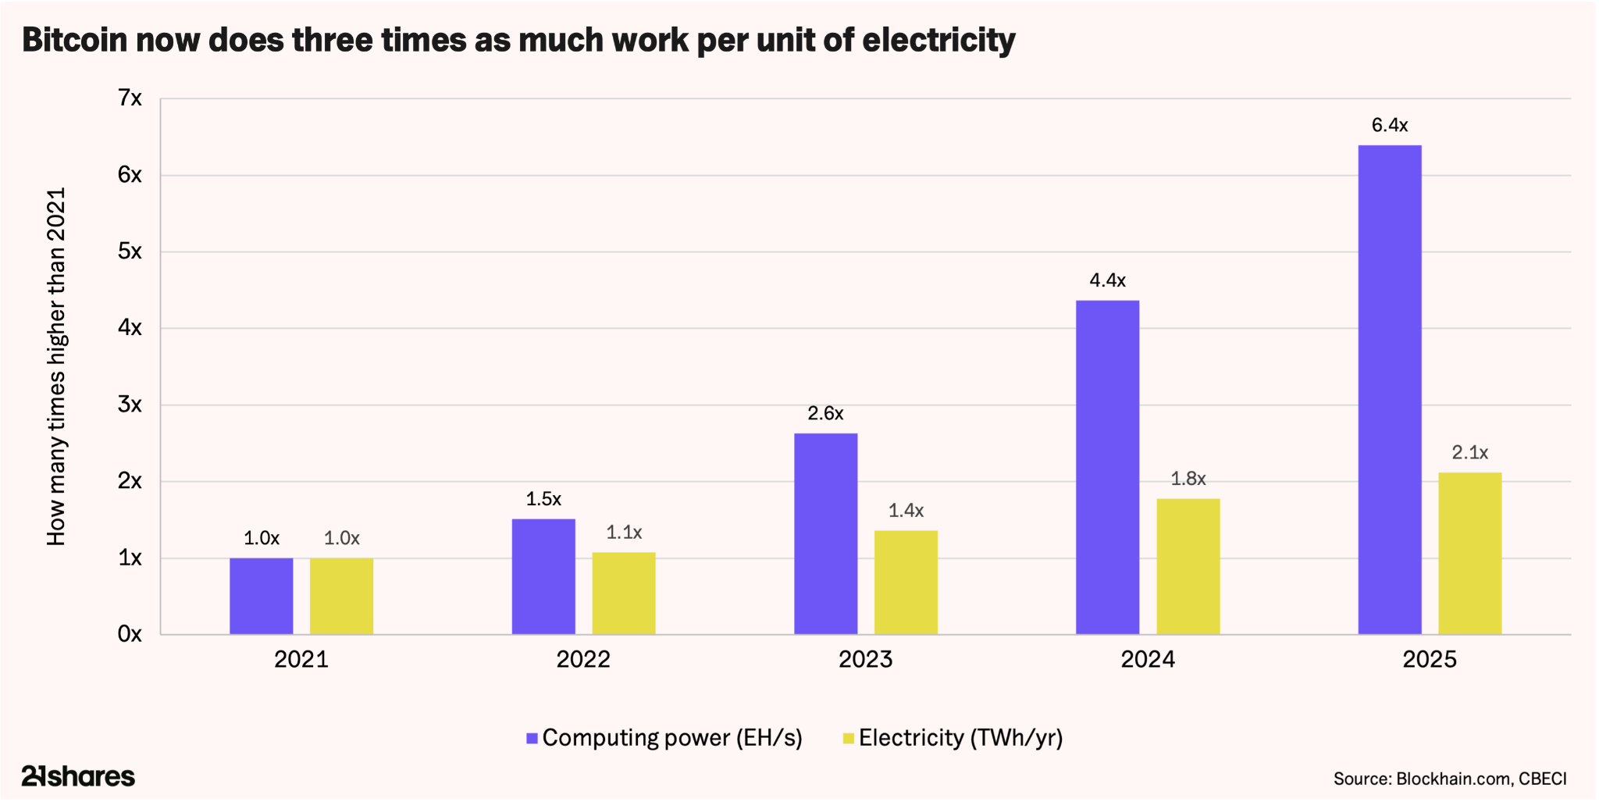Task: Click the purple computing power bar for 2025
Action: tap(1390, 390)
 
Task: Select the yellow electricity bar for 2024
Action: tap(1188, 567)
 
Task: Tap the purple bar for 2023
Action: tap(826, 534)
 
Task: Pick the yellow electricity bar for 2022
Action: tap(624, 593)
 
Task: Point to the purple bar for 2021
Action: tap(262, 597)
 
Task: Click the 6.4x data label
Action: tap(1390, 125)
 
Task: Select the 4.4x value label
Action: tap(1108, 280)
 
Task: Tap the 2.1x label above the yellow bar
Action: tap(1470, 453)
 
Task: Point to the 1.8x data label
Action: tap(1188, 479)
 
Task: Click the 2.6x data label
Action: tap(826, 414)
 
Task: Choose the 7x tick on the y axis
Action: tap(130, 98)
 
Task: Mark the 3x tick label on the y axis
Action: tap(130, 405)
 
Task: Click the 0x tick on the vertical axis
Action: tap(130, 634)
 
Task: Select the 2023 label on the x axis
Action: tap(865, 660)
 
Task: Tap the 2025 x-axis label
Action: tap(1430, 660)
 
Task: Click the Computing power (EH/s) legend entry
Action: tap(664, 738)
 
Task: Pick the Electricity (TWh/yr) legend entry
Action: tap(953, 738)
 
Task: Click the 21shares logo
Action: tap(78, 776)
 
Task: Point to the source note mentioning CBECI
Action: tap(1450, 779)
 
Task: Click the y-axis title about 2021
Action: tap(57, 366)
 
